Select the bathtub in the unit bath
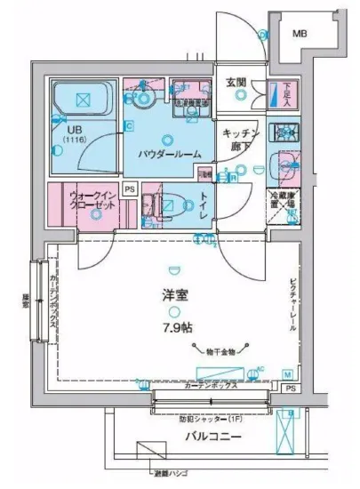pyautogui.click(x=81, y=100)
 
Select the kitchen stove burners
pyautogui.click(x=286, y=132)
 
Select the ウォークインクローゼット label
pyautogui.click(x=92, y=198)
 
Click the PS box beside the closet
pyautogui.click(x=129, y=189)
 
